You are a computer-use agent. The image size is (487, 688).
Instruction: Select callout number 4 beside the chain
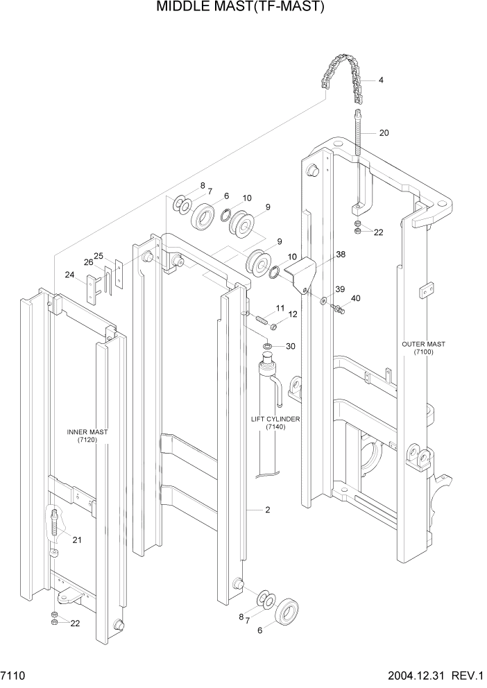tap(381, 80)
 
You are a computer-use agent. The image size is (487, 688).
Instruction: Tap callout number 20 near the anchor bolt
tap(384, 132)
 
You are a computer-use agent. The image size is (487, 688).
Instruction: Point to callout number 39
tap(340, 289)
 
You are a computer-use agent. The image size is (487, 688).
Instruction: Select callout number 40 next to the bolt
tap(356, 299)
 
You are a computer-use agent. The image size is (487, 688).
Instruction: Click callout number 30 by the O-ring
tap(290, 346)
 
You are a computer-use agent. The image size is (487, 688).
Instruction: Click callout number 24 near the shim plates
tap(69, 275)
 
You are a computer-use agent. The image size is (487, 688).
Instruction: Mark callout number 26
tap(89, 262)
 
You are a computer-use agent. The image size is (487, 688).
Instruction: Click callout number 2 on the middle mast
tap(266, 510)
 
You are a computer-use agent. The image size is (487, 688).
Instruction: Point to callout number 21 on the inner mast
tap(77, 540)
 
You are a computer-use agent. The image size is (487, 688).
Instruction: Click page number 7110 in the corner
tap(15, 675)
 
